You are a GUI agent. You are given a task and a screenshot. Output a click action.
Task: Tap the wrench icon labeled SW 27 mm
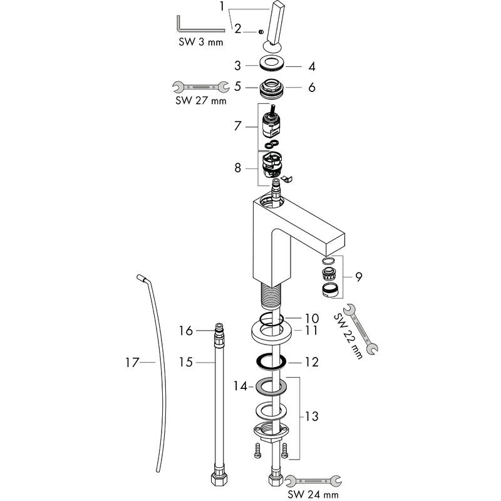(x=201, y=86)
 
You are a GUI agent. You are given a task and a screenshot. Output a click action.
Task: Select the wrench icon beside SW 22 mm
(x=361, y=329)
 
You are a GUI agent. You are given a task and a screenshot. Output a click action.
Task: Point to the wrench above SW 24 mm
(x=312, y=481)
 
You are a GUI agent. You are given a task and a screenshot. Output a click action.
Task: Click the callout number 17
(x=132, y=363)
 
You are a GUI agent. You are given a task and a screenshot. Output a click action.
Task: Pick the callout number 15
(x=186, y=363)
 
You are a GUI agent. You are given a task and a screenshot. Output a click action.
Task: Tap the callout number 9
(x=358, y=277)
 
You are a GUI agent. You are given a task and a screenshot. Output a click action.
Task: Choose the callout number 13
(x=311, y=416)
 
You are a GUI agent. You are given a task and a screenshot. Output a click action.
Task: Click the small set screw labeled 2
(x=261, y=32)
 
